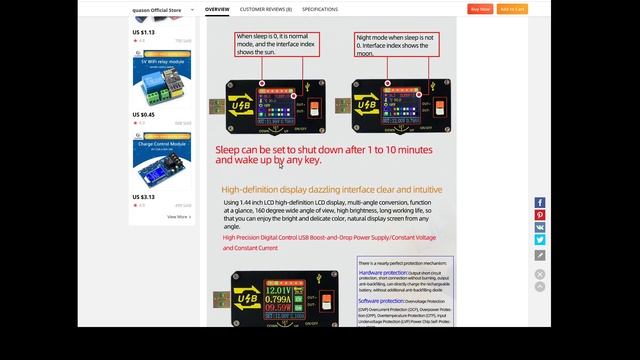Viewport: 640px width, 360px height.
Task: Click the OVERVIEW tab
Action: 217,9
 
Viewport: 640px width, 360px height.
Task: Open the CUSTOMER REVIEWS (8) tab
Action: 265,9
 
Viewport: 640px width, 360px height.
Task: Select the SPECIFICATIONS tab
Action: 320,9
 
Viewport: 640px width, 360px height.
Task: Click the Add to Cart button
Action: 512,9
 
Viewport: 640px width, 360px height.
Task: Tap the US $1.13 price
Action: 143,31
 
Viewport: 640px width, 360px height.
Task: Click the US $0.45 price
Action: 143,114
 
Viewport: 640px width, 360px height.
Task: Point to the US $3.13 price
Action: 143,197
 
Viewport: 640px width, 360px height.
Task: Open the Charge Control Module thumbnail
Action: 162,162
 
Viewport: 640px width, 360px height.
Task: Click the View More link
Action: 178,216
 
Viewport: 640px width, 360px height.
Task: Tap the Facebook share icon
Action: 540,203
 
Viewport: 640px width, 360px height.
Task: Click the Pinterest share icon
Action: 540,215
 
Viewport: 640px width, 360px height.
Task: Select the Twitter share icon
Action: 540,240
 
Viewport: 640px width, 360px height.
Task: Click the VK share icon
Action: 540,228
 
